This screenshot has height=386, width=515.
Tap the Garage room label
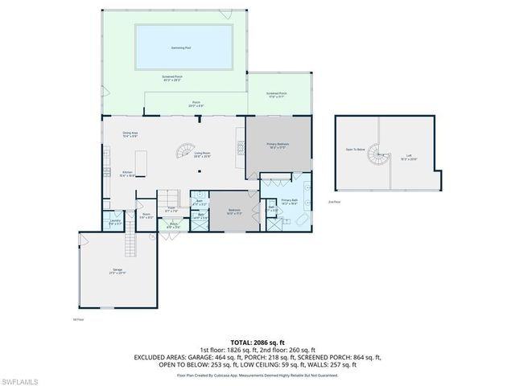tap(117, 271)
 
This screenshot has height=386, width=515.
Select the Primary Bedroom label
tap(278, 145)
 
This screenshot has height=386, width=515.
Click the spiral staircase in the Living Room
tap(183, 150)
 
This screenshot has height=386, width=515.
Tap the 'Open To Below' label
tap(356, 150)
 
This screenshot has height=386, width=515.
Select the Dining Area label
tap(130, 133)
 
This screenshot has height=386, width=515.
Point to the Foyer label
tap(171, 208)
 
